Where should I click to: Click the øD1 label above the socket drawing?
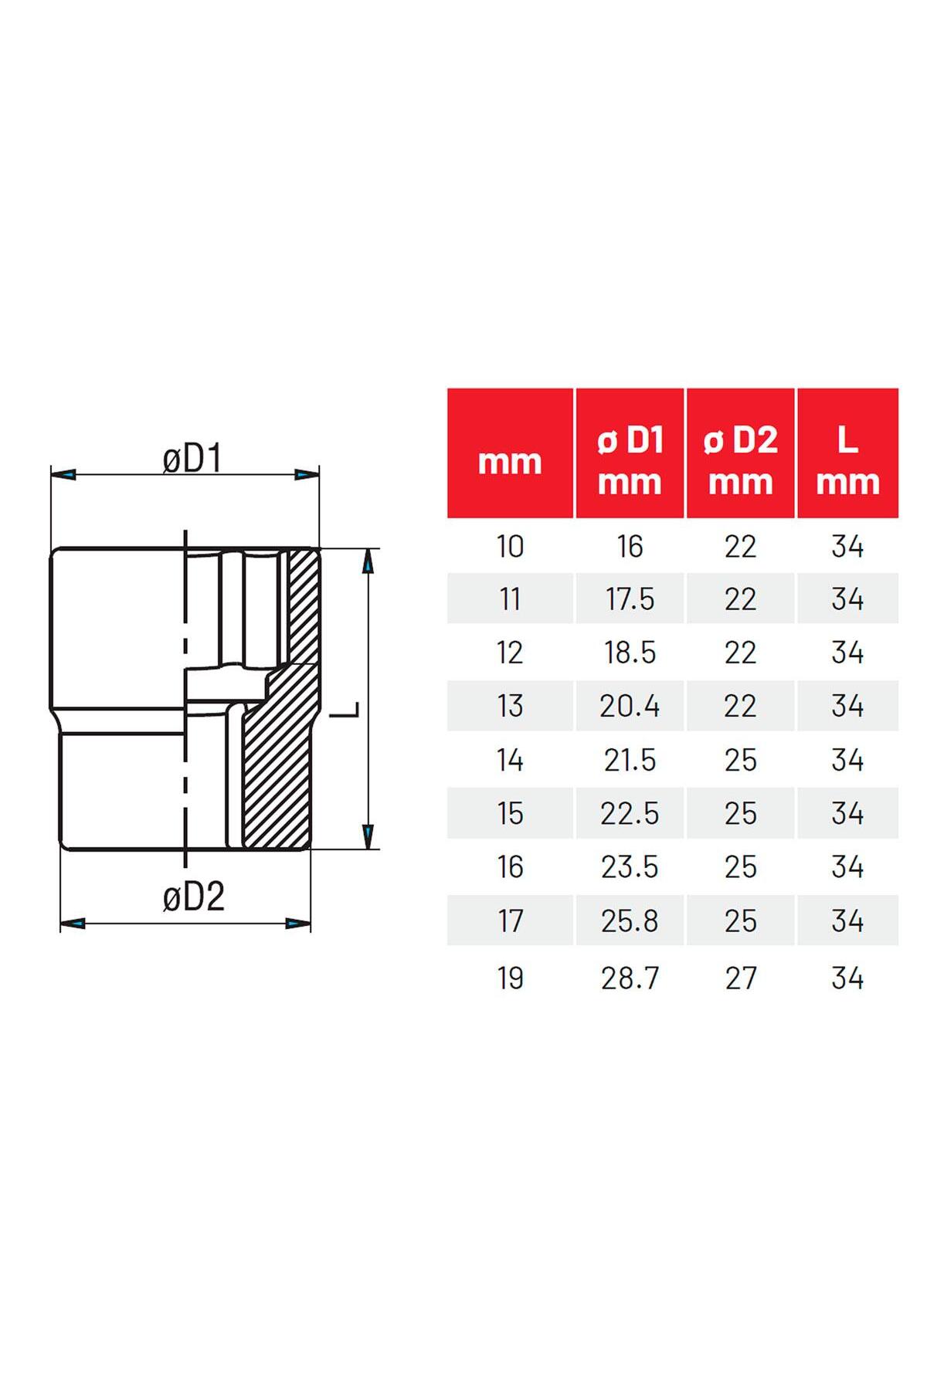point(192,459)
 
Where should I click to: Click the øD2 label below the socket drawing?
point(193,897)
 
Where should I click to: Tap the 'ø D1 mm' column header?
point(630,461)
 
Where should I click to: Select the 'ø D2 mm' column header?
point(740,461)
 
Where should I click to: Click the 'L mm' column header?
point(847,461)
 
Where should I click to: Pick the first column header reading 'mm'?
point(510,463)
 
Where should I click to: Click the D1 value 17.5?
point(630,599)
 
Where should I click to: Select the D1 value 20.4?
point(630,706)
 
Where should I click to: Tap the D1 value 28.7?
point(630,978)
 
